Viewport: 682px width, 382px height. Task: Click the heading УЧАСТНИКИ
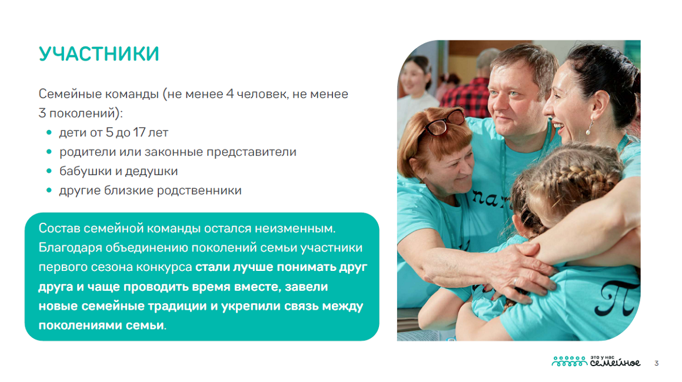coord(99,54)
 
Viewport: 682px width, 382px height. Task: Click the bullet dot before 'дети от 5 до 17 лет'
coord(49,133)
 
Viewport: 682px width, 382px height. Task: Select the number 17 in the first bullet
coord(139,132)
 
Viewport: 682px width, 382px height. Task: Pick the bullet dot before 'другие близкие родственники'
coord(49,190)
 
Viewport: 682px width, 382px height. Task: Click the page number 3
coord(656,363)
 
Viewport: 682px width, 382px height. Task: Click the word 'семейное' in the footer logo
coord(615,363)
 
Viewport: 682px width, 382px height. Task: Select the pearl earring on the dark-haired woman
coord(590,129)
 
